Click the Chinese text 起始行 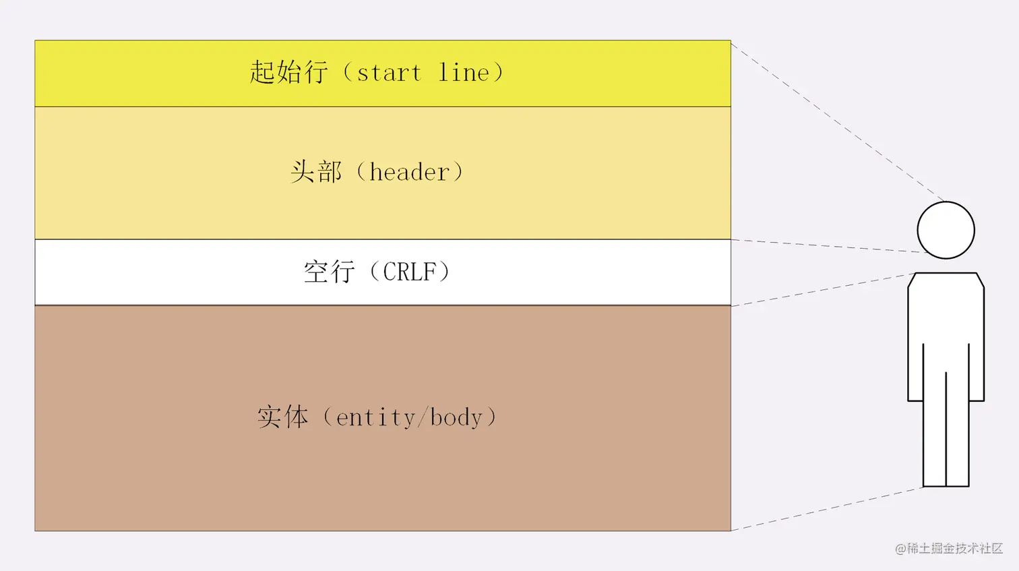pyautogui.click(x=288, y=72)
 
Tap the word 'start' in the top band pyautogui.click(x=389, y=73)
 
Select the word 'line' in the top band pyautogui.click(x=464, y=72)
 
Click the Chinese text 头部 pyautogui.click(x=316, y=172)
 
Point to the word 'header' pyautogui.click(x=409, y=172)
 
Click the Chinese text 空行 pyautogui.click(x=329, y=272)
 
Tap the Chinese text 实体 pyautogui.click(x=282, y=417)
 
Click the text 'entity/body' pyautogui.click(x=409, y=417)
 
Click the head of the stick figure pyautogui.click(x=946, y=230)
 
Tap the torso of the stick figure pyautogui.click(x=946, y=317)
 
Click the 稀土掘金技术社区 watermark pyautogui.click(x=949, y=548)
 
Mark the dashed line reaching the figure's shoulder pyautogui.click(x=822, y=289)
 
